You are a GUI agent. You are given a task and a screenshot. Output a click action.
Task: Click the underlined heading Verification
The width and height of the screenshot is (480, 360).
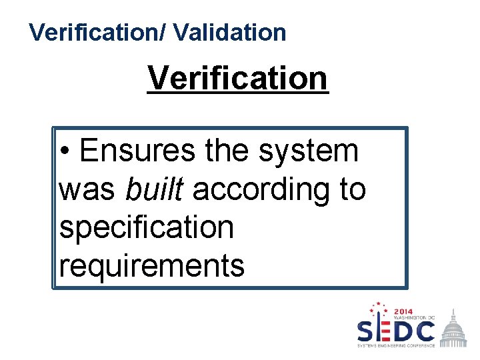[x=238, y=78]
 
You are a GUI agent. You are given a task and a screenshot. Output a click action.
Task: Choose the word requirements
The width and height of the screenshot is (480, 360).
[x=152, y=265]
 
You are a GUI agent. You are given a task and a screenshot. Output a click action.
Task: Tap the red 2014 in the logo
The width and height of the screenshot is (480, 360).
[x=403, y=311]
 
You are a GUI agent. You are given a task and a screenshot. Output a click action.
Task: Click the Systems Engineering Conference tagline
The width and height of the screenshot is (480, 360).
[x=396, y=345]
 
